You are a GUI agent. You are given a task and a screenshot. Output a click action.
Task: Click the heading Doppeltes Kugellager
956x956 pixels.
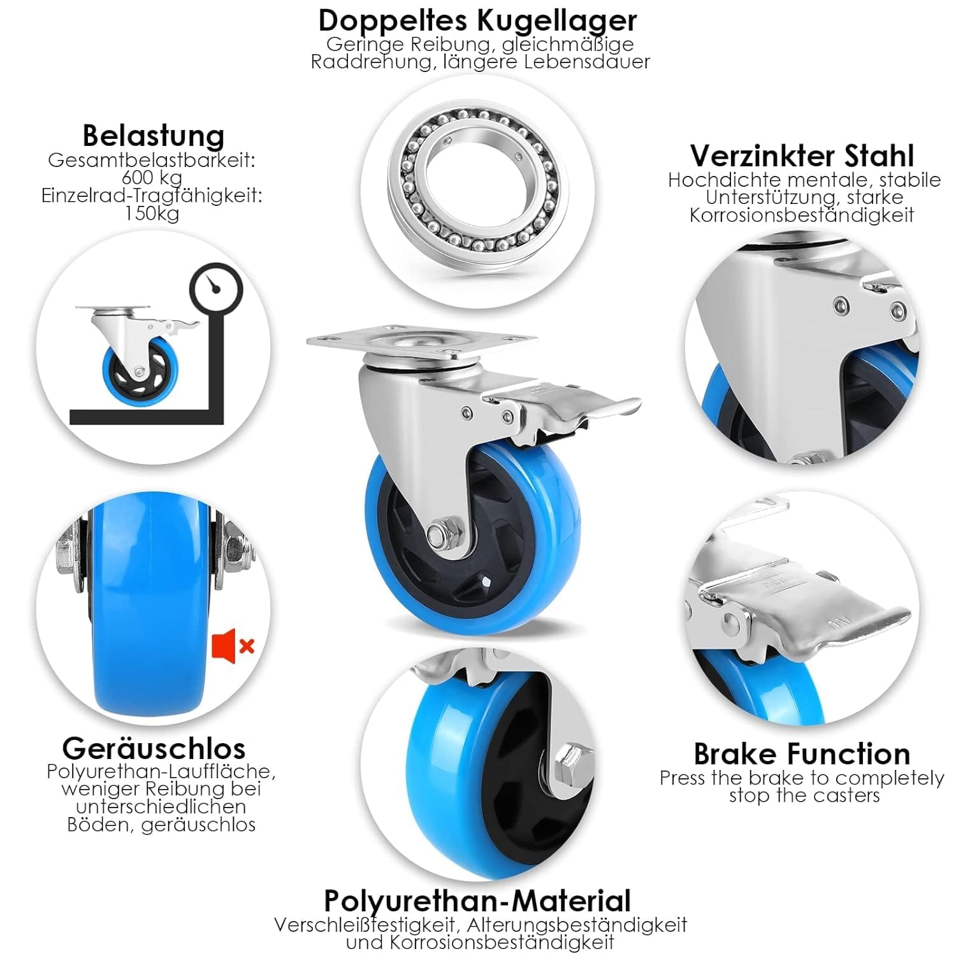pos(477,20)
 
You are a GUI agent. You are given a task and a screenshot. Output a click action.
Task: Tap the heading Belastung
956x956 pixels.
pos(154,136)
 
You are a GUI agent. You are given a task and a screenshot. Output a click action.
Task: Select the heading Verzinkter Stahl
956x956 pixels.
pos(802,156)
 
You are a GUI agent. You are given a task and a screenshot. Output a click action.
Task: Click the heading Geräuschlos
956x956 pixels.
pos(154,748)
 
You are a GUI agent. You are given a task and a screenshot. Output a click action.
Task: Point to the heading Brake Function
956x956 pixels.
pos(802,754)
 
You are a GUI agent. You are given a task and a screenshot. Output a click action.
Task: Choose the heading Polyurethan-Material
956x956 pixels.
pos(477,901)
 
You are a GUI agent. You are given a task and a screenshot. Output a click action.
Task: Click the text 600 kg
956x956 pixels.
pos(152,178)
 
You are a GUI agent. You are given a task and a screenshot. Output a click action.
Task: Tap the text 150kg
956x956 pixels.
pos(152,214)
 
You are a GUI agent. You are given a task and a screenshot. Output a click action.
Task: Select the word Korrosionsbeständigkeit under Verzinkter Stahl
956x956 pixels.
pos(802,215)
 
